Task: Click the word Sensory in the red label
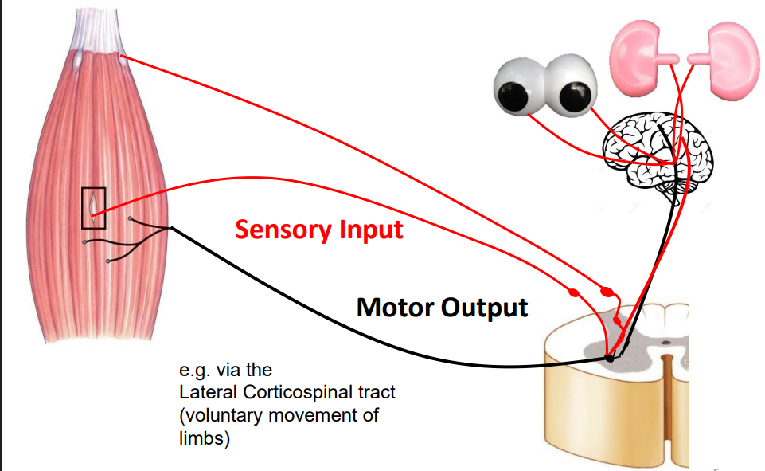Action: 279,230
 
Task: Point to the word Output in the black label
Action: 486,307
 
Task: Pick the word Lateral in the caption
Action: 203,393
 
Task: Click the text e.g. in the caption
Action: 194,371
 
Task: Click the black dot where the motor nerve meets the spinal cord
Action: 610,358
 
